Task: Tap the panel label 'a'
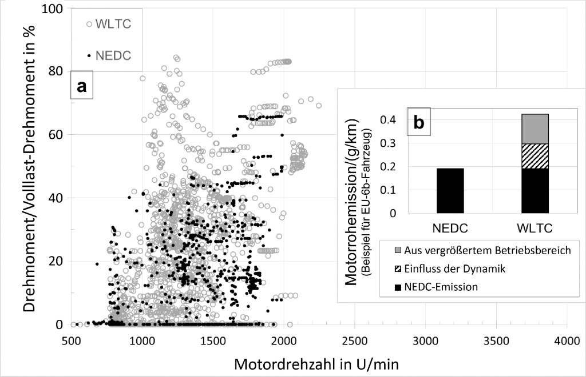tap(81, 86)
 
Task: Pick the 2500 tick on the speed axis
tap(354, 340)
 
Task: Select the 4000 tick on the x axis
tap(567, 340)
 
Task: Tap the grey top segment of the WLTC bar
tap(531, 129)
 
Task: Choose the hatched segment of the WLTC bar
tap(531, 156)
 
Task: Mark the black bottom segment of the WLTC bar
tap(531, 190)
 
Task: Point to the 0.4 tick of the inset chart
tap(387, 120)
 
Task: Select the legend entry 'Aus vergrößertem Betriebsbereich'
tap(480, 251)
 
